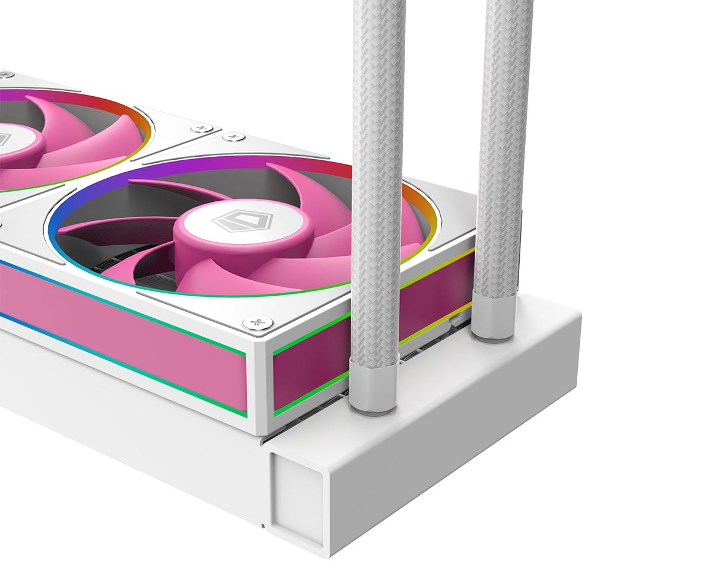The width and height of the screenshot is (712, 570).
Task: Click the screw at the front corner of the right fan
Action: coord(258,323)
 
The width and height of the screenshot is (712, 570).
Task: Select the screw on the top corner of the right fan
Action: coord(233,137)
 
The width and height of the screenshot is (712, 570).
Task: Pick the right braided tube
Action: coord(503,148)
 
